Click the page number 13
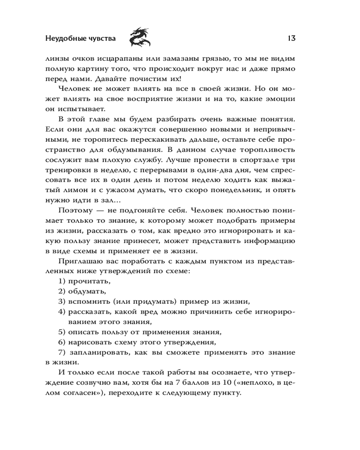290,38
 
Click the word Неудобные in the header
64,39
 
